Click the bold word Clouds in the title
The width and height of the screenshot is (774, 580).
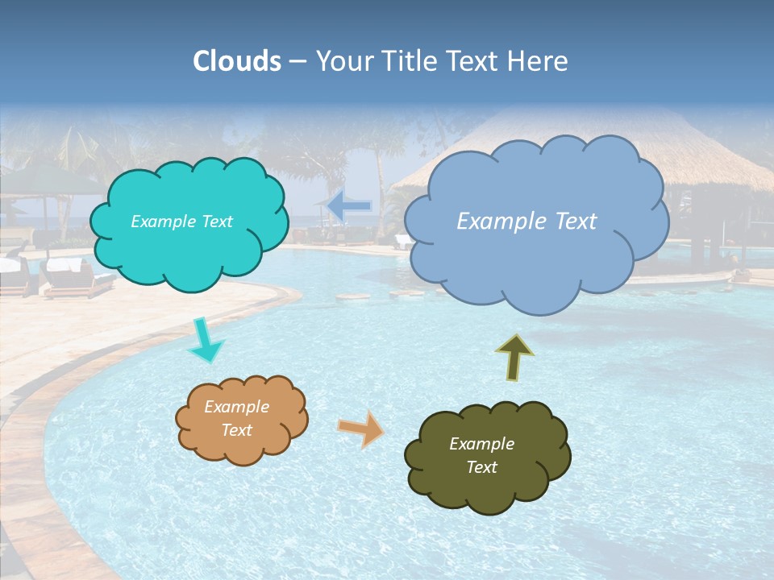click(x=236, y=61)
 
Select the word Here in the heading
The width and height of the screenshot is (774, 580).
click(x=539, y=61)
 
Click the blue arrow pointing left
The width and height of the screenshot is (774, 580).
click(x=349, y=207)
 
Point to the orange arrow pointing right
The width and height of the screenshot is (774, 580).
click(x=361, y=428)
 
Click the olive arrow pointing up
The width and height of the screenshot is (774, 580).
click(x=514, y=357)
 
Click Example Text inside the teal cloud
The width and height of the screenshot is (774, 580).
click(x=181, y=222)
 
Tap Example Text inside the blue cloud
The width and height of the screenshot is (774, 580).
click(x=526, y=222)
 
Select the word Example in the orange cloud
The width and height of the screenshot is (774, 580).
click(x=236, y=407)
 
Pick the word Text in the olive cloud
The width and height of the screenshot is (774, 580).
click(x=481, y=467)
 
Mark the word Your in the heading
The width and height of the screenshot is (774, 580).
click(x=342, y=61)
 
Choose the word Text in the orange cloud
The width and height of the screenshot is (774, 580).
click(x=236, y=430)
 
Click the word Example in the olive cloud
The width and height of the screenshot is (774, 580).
click(x=481, y=444)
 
